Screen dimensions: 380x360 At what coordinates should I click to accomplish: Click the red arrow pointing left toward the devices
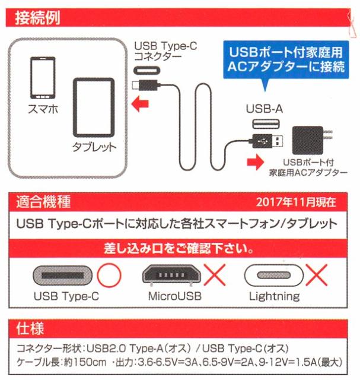(140, 106)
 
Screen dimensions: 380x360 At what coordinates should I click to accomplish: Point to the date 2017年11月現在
(297, 202)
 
